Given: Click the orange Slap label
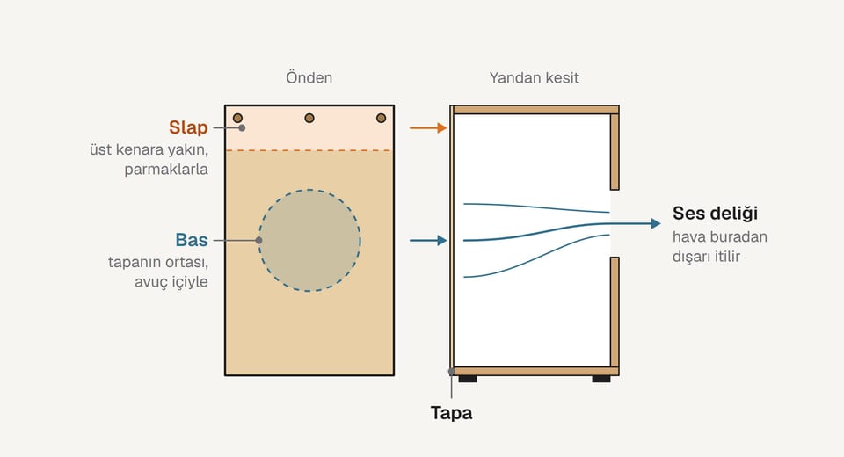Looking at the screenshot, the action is [x=188, y=127].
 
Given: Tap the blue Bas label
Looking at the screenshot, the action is [x=192, y=240].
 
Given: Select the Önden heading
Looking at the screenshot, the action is [x=309, y=78].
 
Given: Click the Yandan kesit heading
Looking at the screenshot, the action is [x=534, y=78].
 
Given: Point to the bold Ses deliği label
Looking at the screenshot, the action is [x=715, y=214].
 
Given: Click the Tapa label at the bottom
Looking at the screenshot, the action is [x=451, y=413].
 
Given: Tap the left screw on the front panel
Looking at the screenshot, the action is [x=237, y=118].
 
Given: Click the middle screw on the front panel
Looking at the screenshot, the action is [x=309, y=118].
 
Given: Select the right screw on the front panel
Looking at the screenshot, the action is [x=381, y=118].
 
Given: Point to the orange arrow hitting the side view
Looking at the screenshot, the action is [x=428, y=128].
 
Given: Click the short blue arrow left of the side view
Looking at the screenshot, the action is [x=428, y=240].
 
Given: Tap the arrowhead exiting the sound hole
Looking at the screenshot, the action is [x=656, y=223].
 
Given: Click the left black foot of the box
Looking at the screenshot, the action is [x=468, y=379].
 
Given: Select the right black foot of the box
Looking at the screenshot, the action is [x=601, y=379].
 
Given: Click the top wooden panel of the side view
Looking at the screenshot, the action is [x=536, y=110].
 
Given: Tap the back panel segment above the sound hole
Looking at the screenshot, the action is [x=615, y=152].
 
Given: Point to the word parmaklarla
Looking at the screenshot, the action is [x=166, y=170].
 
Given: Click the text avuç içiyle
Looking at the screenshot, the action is [x=171, y=282].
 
